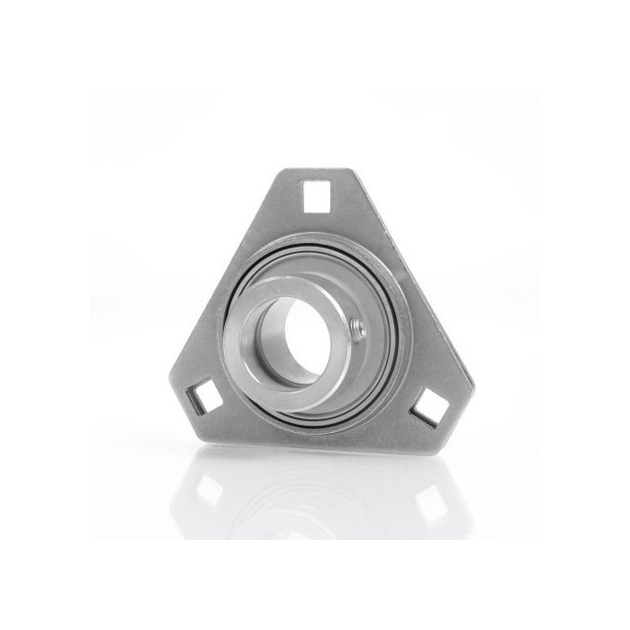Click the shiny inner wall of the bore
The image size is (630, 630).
(x=270, y=342)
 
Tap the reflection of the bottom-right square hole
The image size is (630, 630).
(x=430, y=503)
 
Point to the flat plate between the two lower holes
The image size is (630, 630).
(x=315, y=430)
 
